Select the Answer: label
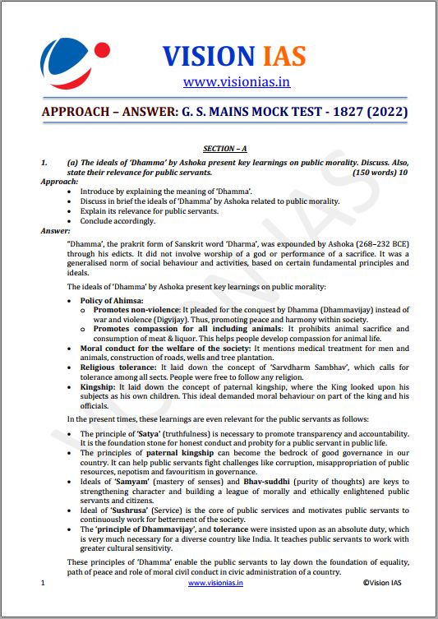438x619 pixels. pyautogui.click(x=57, y=231)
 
